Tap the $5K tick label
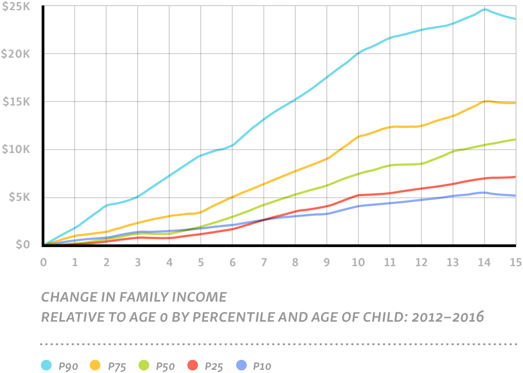click(x=19, y=197)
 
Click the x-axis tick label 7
click(x=264, y=262)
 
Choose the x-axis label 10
click(x=358, y=262)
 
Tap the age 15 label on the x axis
click(x=515, y=262)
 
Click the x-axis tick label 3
click(x=138, y=262)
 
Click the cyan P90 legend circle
click(x=47, y=365)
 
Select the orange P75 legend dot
click(x=95, y=365)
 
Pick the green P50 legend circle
click(x=144, y=365)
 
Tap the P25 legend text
click(x=214, y=367)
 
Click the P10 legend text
click(x=262, y=367)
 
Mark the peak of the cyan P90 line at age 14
click(x=485, y=10)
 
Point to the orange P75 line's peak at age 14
click(x=487, y=101)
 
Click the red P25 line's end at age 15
click(x=515, y=177)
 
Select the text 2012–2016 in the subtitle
click(x=448, y=317)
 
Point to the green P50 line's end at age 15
click(x=515, y=139)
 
